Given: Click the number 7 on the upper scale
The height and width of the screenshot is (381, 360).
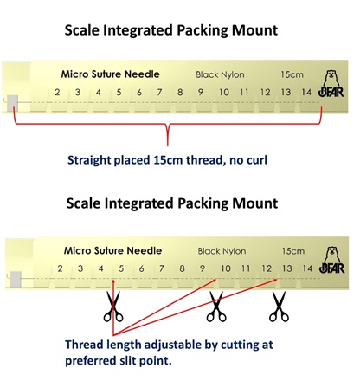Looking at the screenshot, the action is tap(159, 92).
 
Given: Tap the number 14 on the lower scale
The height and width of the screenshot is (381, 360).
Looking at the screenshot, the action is tap(307, 268).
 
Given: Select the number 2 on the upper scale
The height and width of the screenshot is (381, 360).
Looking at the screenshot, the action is tap(57, 92).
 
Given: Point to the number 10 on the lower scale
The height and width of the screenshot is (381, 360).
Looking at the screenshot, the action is tap(226, 268).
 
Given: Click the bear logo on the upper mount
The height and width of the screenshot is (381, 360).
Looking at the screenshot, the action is tap(331, 84).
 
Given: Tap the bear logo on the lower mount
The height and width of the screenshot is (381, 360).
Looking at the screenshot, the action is tap(332, 260).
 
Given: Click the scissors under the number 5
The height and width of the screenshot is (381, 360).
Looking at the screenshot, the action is tap(113, 307).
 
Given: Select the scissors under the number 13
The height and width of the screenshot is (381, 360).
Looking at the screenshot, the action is tap(279, 307).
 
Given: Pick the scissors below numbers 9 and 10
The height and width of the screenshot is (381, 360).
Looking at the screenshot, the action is tap(216, 307).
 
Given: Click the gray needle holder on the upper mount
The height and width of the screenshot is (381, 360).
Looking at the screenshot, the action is tap(12, 103).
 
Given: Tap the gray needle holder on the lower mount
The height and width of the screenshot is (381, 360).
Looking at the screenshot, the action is tap(16, 280).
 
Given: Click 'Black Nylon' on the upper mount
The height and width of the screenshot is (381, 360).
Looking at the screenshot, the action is tap(220, 74).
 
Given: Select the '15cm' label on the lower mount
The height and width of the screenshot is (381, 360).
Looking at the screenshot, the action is tap(293, 251).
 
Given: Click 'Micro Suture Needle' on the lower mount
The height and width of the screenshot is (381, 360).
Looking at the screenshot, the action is tap(112, 250).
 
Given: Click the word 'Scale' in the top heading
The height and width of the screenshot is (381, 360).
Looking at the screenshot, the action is tap(82, 30).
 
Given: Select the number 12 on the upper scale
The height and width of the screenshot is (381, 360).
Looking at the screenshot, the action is tap(266, 92).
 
